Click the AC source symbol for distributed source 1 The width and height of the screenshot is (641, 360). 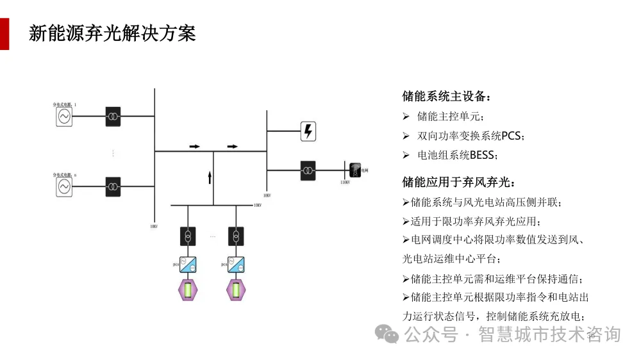(x=64, y=117)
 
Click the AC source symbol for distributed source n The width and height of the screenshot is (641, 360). (x=64, y=186)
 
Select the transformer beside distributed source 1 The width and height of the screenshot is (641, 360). (x=113, y=117)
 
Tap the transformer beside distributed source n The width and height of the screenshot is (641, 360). (x=113, y=186)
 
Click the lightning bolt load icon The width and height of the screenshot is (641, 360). (x=308, y=131)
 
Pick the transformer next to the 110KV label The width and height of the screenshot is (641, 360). (x=308, y=170)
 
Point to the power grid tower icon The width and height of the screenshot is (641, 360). (x=354, y=170)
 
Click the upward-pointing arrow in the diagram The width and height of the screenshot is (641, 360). (x=210, y=177)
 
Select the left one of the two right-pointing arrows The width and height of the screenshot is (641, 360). (x=194, y=147)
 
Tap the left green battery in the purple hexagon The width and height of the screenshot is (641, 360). (x=188, y=290)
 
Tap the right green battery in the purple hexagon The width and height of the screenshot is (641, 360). (x=237, y=290)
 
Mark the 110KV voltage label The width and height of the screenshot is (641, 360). (x=345, y=183)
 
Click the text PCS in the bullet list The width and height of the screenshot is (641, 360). (x=512, y=136)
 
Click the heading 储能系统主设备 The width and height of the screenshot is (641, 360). (x=446, y=97)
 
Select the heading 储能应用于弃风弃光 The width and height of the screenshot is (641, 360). (x=458, y=183)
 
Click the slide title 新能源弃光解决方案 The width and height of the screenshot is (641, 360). (x=112, y=33)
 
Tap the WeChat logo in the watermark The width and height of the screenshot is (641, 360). (x=387, y=334)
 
